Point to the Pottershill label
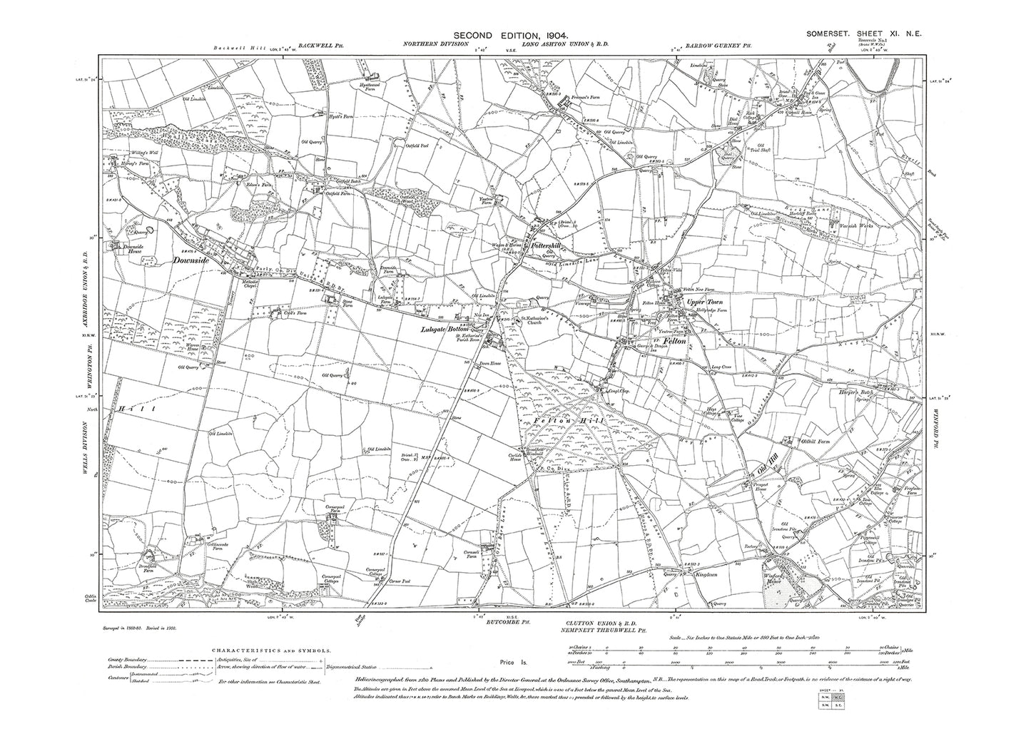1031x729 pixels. [548, 245]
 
